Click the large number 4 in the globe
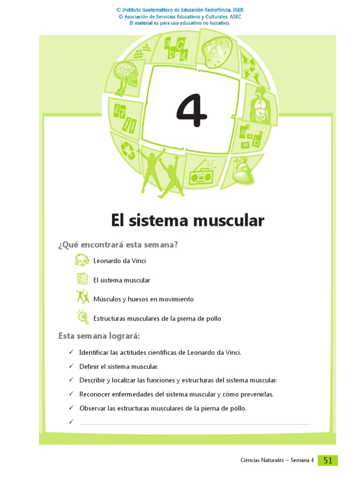(x=191, y=111)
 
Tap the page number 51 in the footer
(x=328, y=460)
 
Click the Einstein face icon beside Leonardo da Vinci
(x=82, y=260)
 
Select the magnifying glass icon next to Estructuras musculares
(x=83, y=317)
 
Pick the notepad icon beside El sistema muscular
(x=82, y=279)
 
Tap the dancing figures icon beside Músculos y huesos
(x=82, y=297)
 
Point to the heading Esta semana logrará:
(x=99, y=336)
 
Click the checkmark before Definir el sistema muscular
(x=71, y=366)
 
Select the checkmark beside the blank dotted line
(x=71, y=421)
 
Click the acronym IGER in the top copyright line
(x=236, y=10)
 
